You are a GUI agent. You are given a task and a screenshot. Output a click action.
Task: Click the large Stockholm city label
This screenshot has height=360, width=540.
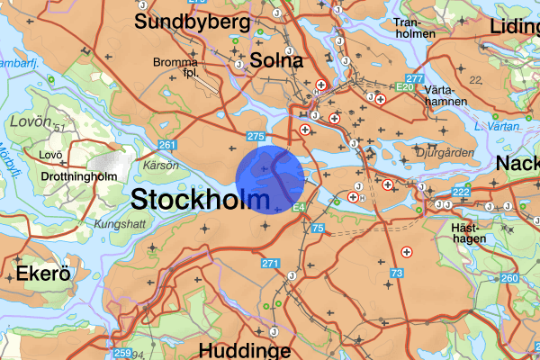click(x=200, y=200)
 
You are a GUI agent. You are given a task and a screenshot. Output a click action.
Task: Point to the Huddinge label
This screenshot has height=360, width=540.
click(x=244, y=350)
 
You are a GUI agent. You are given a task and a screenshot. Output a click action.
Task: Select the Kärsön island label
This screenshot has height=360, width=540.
click(x=156, y=166)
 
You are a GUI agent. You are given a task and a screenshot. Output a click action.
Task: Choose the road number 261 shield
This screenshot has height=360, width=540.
click(x=166, y=145)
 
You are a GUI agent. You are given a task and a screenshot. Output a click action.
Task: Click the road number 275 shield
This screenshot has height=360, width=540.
click(x=255, y=136)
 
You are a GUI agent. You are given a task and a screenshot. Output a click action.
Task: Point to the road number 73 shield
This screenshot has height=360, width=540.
click(x=397, y=271)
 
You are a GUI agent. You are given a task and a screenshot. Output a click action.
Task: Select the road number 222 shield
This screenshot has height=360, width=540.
click(x=462, y=193)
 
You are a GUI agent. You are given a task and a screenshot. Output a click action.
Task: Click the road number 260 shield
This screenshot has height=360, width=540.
click(x=509, y=278)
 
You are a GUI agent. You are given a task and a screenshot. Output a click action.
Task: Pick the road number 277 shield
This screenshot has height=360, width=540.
click(x=414, y=80)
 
